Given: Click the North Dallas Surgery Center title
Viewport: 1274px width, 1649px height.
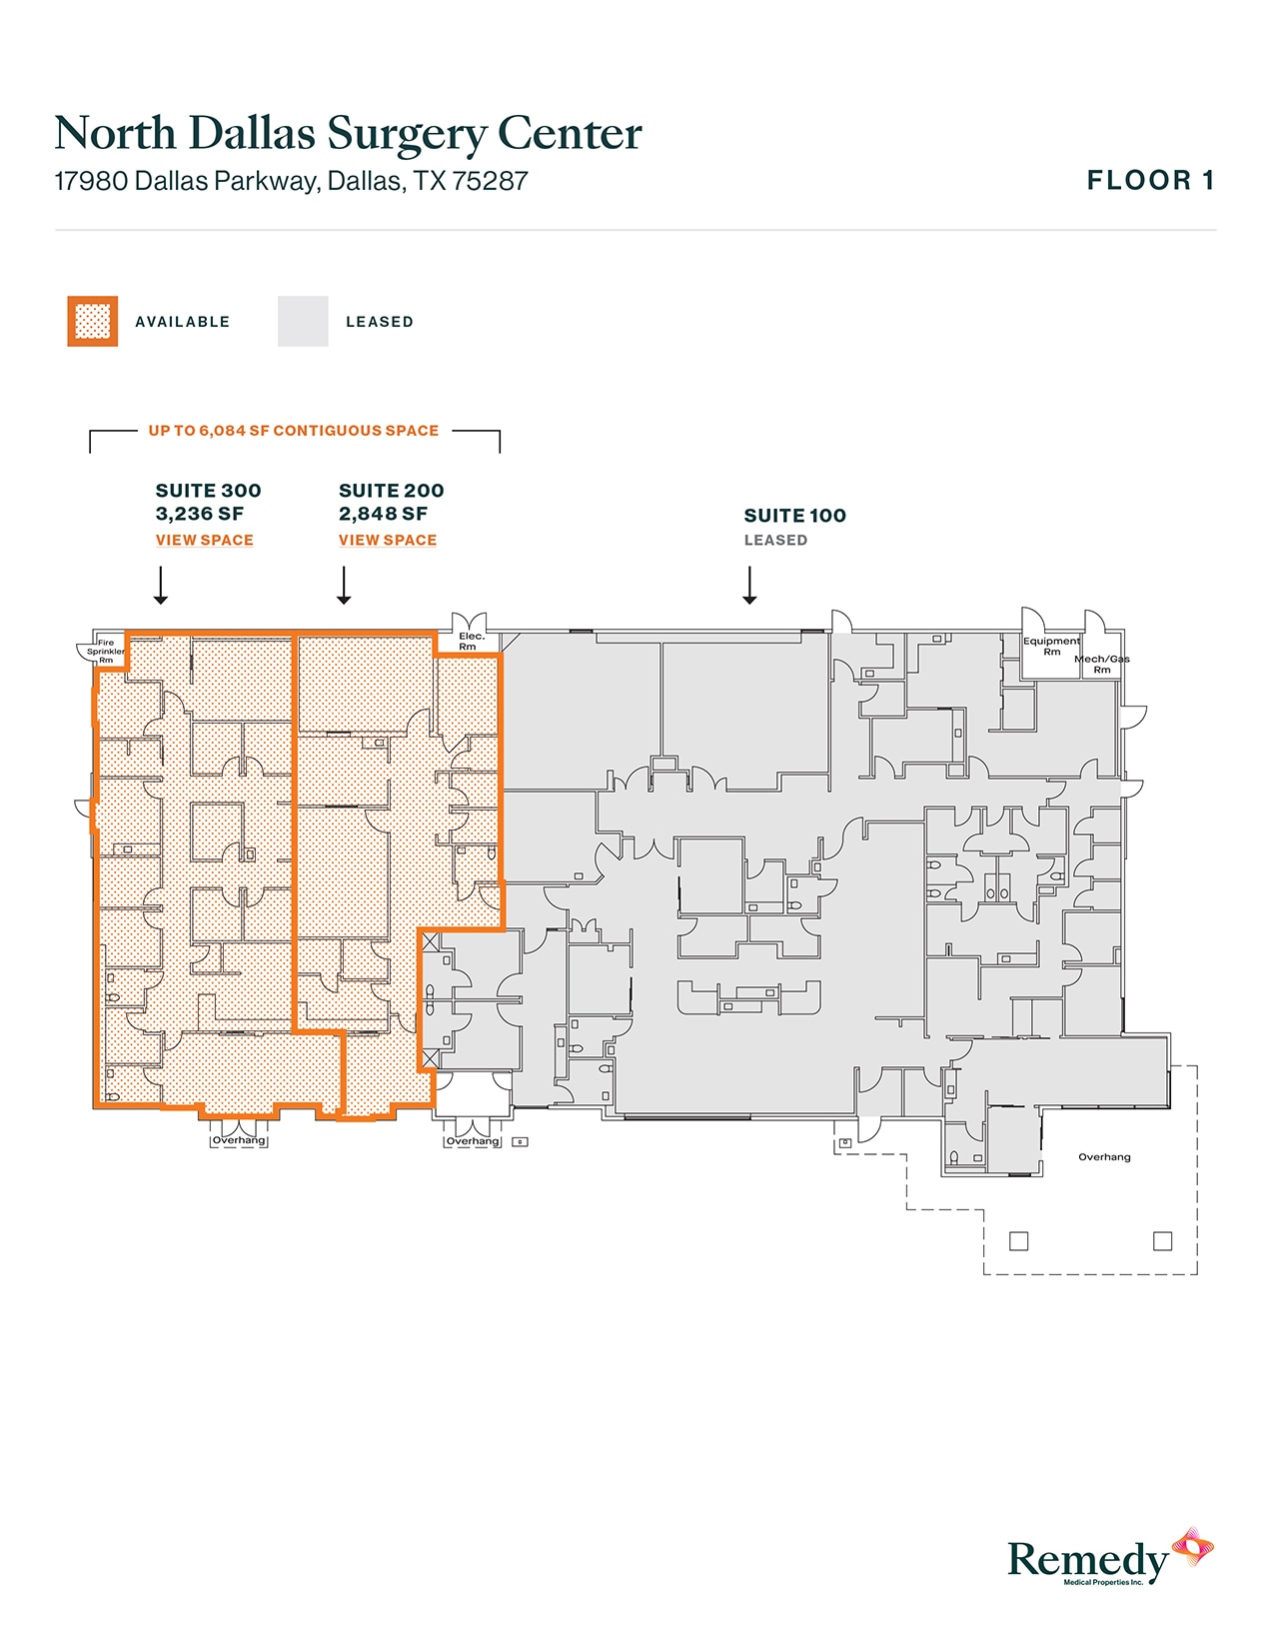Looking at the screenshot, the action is tap(349, 134).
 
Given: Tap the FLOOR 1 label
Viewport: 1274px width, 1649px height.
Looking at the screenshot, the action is tap(1150, 181).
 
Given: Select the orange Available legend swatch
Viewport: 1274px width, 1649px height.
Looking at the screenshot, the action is tap(93, 321).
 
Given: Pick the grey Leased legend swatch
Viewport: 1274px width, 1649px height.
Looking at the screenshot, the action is tap(303, 321).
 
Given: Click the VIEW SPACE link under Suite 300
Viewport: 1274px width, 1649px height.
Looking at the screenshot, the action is tap(204, 540).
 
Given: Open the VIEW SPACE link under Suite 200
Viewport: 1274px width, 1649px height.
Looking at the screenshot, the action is tap(388, 540).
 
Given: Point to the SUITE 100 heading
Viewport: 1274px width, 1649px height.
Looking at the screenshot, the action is tap(794, 516).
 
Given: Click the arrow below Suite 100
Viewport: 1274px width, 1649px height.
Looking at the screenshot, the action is tap(749, 585).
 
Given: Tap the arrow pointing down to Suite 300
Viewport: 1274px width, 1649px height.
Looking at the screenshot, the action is tap(161, 585).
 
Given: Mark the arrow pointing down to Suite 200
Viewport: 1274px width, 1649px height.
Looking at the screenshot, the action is tap(344, 585).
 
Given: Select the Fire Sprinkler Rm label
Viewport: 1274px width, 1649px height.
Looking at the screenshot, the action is tap(106, 651).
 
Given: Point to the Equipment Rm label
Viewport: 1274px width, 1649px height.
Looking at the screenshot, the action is tap(1051, 646).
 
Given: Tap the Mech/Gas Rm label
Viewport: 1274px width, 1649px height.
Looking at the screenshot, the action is tap(1102, 664).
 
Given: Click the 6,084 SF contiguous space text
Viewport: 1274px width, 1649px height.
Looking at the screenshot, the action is tap(294, 431).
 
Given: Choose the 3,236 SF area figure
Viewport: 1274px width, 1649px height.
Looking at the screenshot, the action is tap(200, 514).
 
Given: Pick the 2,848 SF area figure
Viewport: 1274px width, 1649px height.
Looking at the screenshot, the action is tap(383, 514).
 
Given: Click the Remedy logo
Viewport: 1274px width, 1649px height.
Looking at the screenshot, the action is tap(1110, 1557).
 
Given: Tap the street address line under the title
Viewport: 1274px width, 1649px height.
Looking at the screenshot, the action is tap(292, 181).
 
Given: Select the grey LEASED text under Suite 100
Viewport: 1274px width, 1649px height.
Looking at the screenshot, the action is tap(775, 541).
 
